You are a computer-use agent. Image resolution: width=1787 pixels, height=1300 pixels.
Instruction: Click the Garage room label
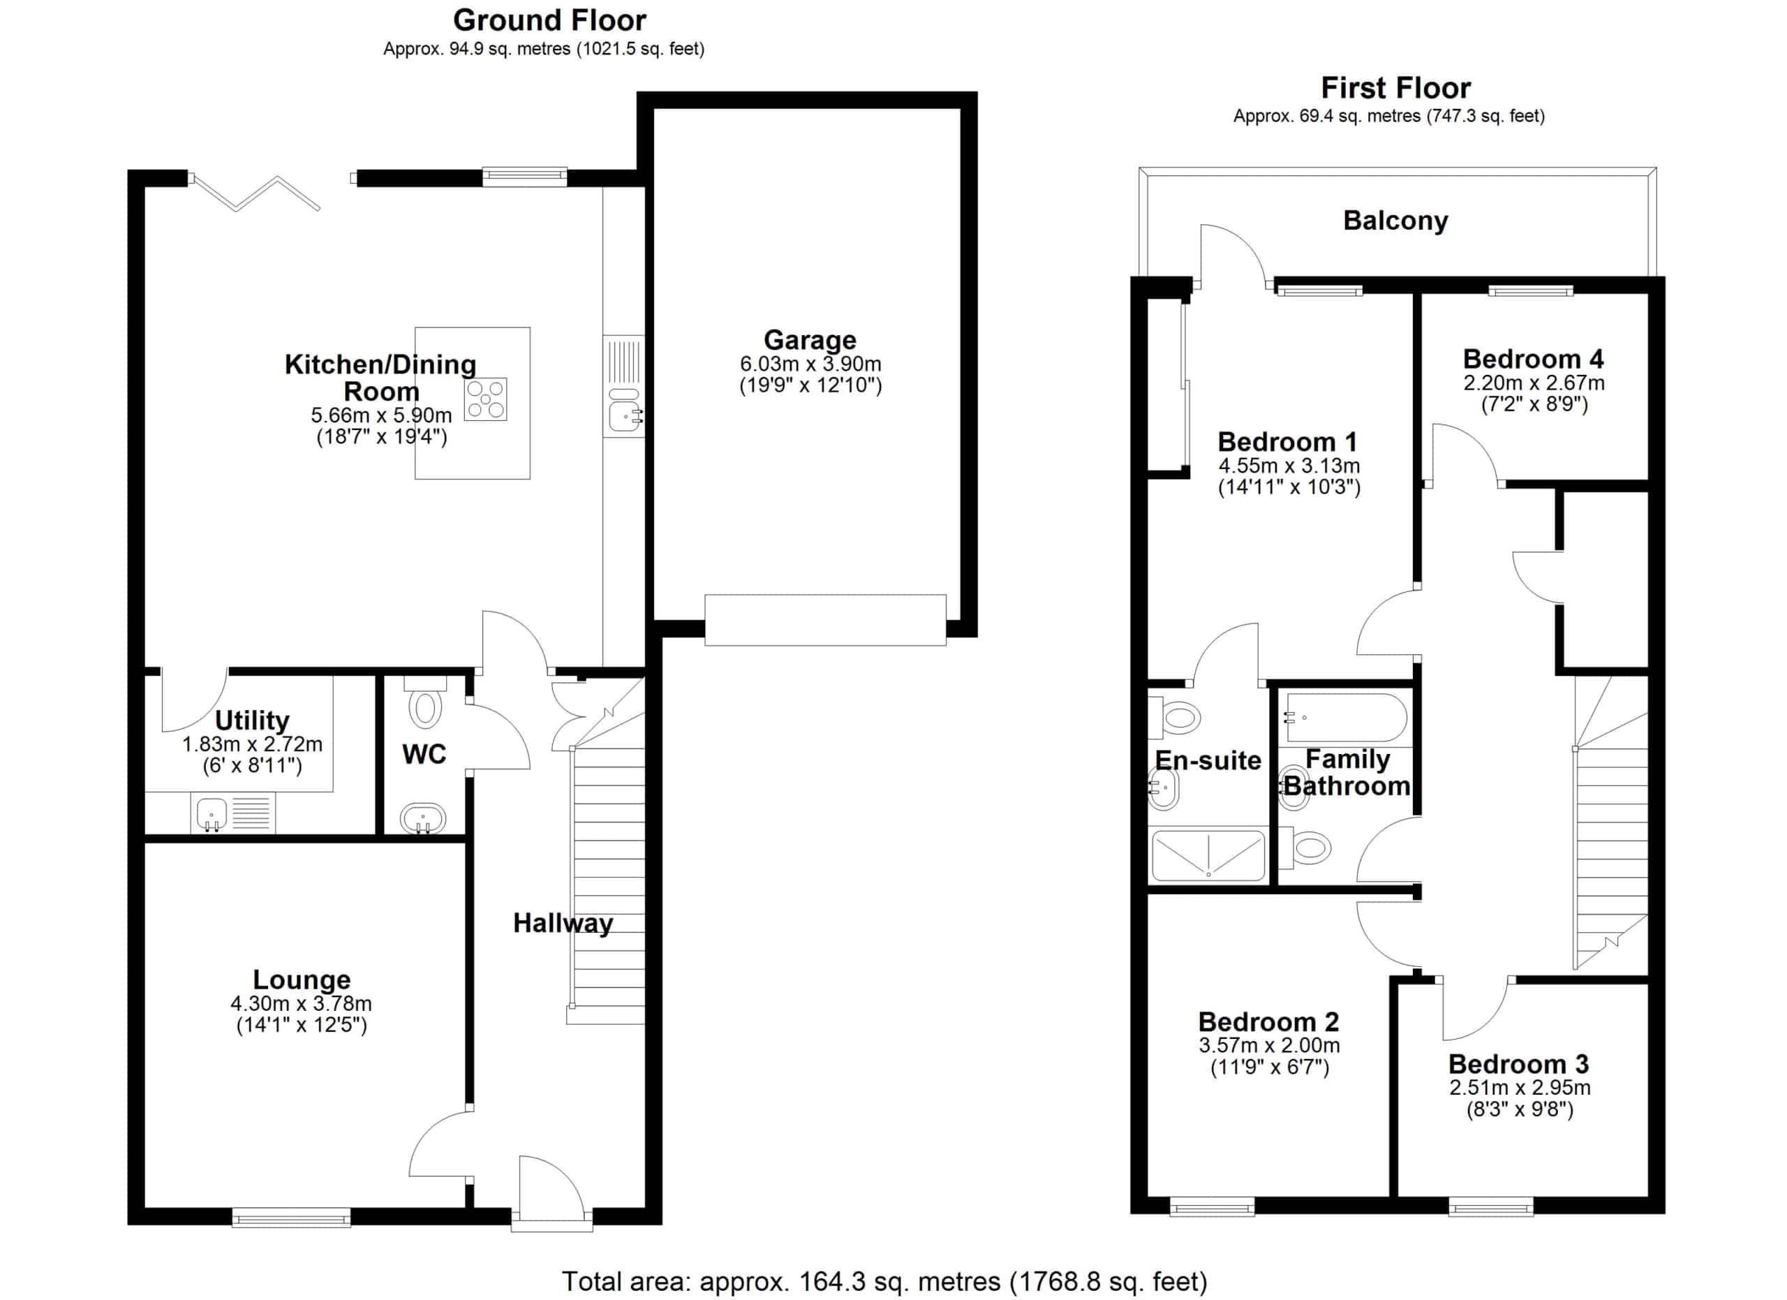(810, 339)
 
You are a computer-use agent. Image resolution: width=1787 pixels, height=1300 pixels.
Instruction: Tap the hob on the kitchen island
(485, 399)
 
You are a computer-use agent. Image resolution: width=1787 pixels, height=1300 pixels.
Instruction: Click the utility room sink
(212, 814)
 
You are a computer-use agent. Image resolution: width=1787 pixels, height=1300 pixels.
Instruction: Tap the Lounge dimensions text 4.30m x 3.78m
(301, 1004)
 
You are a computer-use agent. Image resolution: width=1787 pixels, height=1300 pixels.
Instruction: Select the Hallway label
(563, 924)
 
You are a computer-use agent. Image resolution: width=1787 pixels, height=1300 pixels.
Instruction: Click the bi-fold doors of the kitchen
(257, 193)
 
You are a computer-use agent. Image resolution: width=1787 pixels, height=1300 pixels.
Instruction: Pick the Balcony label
(1395, 221)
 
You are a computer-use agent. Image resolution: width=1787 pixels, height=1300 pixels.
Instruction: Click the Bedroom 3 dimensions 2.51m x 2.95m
(1520, 1088)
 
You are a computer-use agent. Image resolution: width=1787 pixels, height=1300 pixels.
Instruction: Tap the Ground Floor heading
(549, 20)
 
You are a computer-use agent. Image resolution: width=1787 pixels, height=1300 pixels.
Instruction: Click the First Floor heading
(1395, 87)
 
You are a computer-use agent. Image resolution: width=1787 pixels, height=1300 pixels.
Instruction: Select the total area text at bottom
(884, 1282)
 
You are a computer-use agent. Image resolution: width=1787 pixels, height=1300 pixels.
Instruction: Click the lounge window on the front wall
(292, 1218)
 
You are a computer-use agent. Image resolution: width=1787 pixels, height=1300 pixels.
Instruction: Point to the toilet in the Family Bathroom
(1305, 848)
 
